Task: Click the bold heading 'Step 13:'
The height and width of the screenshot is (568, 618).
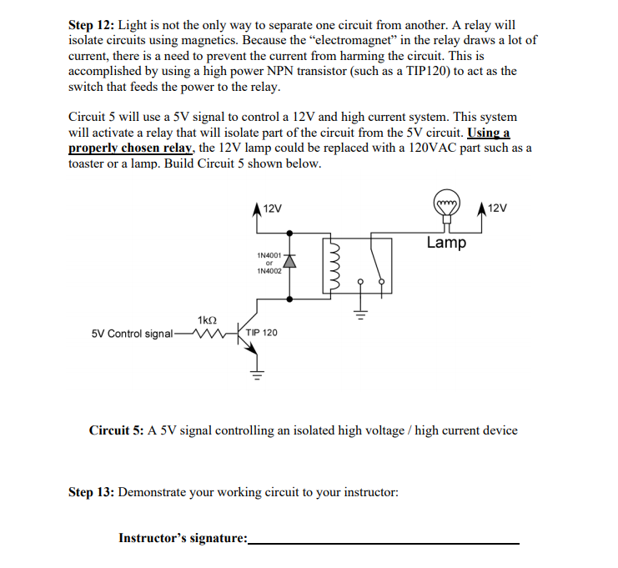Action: pos(91,492)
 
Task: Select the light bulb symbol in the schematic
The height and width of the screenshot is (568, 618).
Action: pos(448,205)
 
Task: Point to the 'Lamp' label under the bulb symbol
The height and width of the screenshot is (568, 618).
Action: pos(446,243)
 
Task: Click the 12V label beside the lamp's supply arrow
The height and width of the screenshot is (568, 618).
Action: pos(496,208)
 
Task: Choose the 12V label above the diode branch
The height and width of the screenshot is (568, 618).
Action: pos(272,208)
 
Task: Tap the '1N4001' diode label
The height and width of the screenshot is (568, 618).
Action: pos(270,254)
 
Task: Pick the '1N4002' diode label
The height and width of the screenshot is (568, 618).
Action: pos(270,270)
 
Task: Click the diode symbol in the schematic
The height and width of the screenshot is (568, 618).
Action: pos(290,262)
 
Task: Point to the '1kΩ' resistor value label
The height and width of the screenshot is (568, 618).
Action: pos(208,319)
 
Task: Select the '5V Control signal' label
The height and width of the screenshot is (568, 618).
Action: pos(132,334)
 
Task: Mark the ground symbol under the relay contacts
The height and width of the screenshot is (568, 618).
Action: pos(360,315)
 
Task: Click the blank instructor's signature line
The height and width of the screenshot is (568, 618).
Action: pos(384,540)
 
